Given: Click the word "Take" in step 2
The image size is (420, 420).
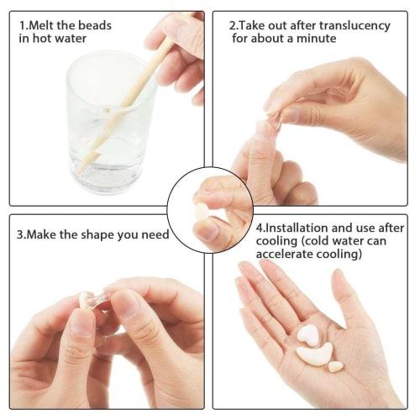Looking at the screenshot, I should click(x=254, y=25).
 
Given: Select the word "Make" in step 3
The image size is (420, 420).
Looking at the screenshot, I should click(x=49, y=234).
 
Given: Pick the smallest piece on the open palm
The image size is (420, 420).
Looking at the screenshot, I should click(x=336, y=366).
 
